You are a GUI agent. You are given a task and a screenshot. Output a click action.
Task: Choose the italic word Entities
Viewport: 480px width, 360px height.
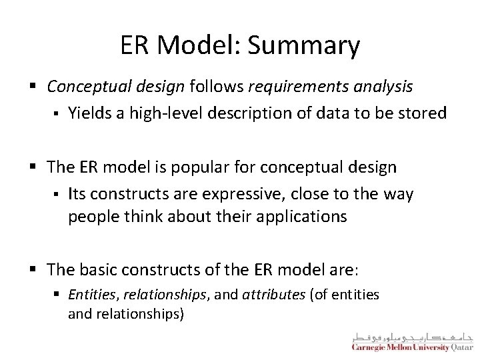(88, 294)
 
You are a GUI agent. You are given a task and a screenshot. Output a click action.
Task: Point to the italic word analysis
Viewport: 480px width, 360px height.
(380, 87)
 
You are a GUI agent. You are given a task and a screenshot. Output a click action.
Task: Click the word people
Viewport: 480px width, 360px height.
(88, 217)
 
